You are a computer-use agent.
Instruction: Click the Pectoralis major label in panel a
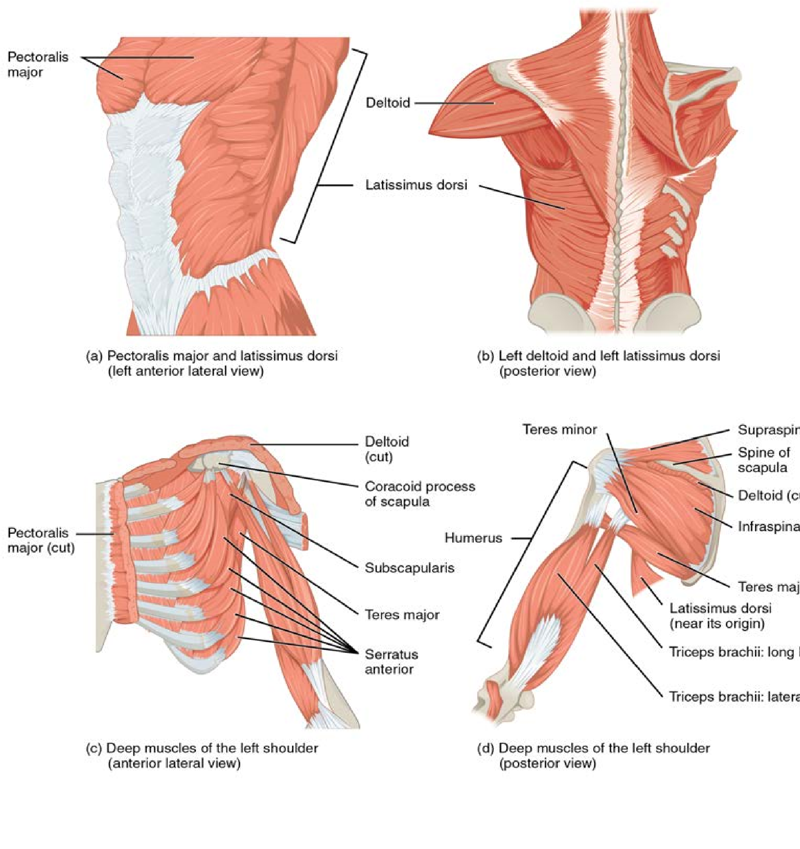click(37, 64)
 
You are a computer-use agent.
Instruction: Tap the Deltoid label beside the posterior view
click(388, 103)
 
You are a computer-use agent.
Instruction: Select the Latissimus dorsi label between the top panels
click(416, 185)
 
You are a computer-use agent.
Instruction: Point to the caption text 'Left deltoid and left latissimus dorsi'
click(609, 356)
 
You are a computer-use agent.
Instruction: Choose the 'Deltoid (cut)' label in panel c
click(386, 449)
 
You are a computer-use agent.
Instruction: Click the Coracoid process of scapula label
click(420, 494)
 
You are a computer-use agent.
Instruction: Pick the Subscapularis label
click(409, 568)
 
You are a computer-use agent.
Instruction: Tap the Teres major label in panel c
click(402, 615)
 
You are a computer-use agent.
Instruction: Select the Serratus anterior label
click(391, 661)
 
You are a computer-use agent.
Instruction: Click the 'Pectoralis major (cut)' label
click(41, 540)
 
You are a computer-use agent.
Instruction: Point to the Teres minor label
click(560, 429)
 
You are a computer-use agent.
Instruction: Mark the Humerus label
click(473, 538)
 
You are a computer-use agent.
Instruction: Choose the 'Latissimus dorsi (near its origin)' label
click(720, 615)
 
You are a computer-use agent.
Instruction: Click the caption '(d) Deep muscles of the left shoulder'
click(593, 748)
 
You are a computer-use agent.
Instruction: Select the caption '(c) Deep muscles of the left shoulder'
click(202, 748)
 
